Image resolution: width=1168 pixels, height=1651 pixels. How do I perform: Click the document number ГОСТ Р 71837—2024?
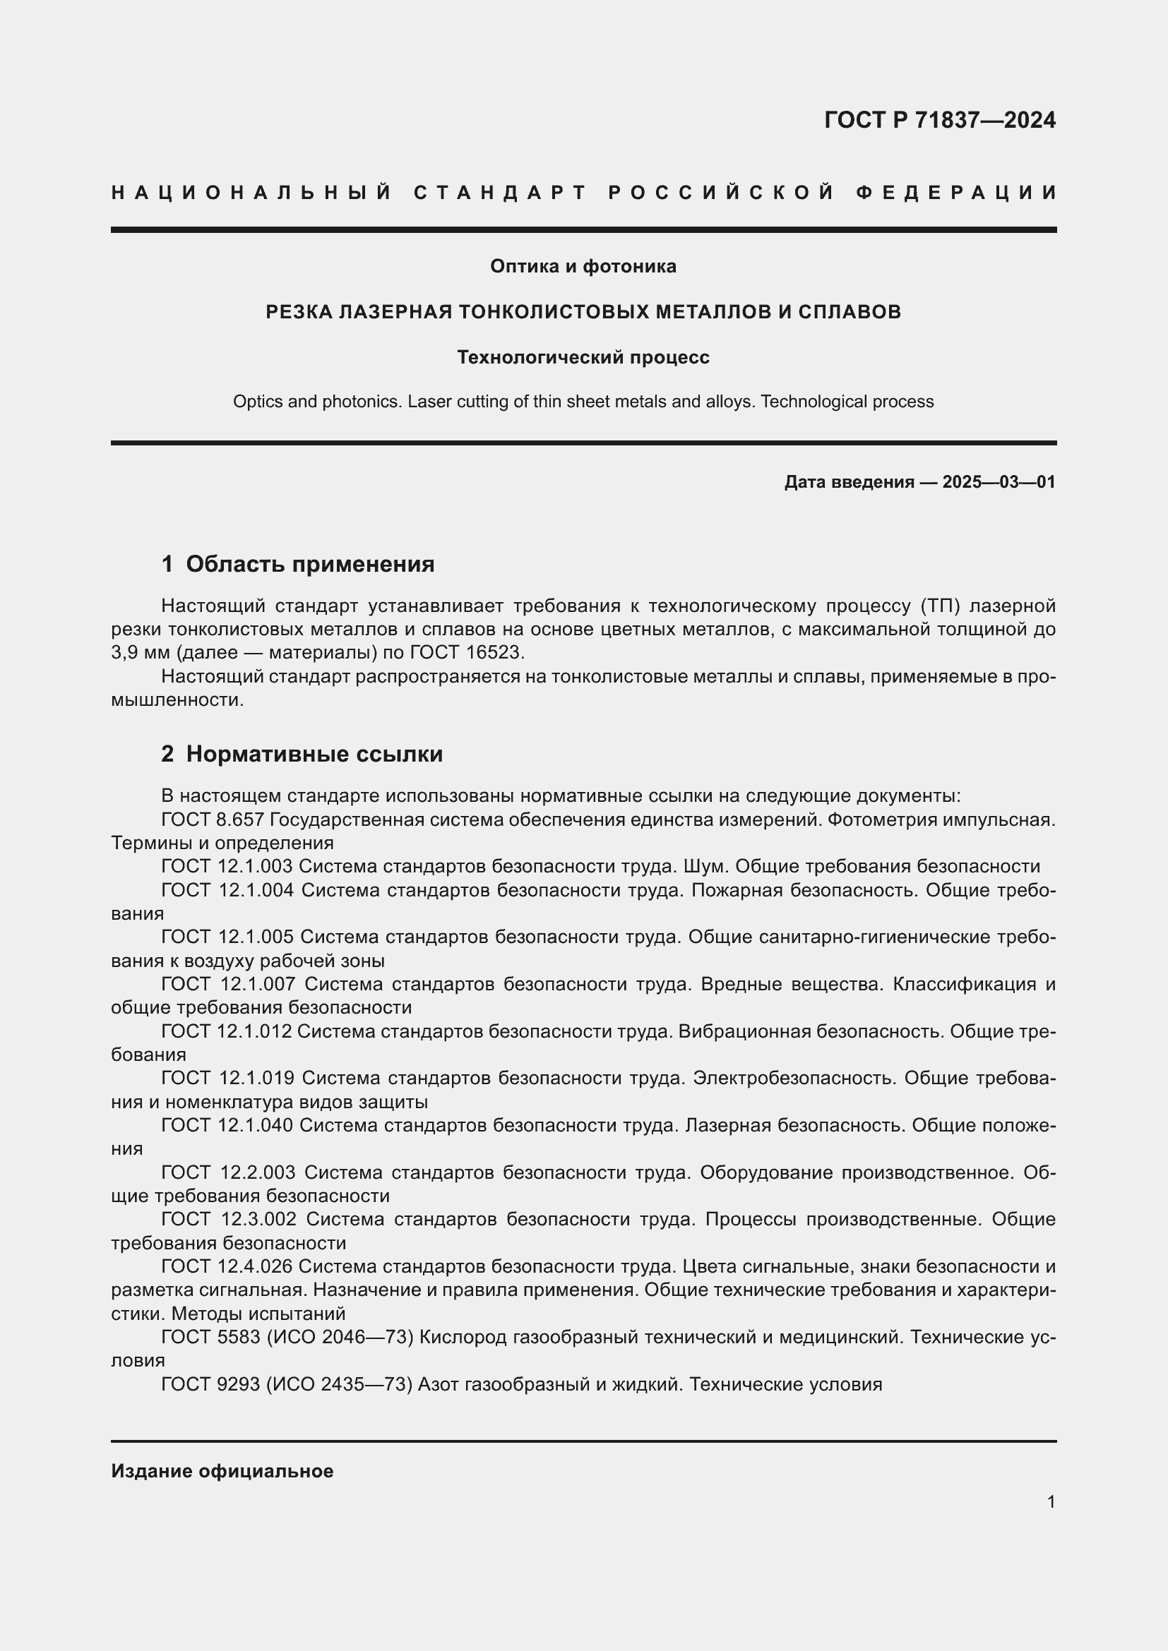click(939, 120)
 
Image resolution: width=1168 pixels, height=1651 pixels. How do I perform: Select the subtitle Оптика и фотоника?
click(583, 267)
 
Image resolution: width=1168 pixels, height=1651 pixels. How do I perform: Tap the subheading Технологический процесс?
click(583, 357)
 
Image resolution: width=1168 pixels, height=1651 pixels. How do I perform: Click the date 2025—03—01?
click(999, 482)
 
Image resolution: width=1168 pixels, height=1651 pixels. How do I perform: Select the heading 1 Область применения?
click(298, 565)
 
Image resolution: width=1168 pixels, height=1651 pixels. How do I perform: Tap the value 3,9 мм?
click(141, 653)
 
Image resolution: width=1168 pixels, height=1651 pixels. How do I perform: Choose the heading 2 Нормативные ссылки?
click(302, 755)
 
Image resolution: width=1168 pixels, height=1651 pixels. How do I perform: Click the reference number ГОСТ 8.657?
click(213, 820)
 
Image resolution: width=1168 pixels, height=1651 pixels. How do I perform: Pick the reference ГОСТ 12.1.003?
click(227, 867)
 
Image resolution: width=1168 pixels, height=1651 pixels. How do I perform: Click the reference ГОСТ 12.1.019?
click(227, 1078)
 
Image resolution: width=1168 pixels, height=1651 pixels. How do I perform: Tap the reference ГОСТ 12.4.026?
click(227, 1266)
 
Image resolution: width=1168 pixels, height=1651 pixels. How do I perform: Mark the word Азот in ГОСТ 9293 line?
click(438, 1384)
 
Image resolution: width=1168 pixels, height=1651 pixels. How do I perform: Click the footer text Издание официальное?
click(222, 1470)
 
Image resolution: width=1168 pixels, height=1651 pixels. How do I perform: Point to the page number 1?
click(1051, 1501)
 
